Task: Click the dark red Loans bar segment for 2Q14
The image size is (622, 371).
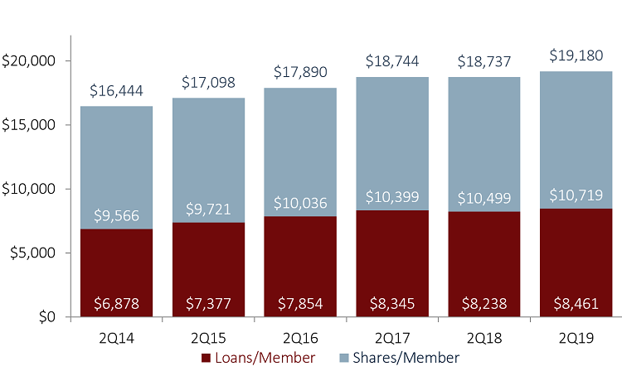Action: (x=117, y=265)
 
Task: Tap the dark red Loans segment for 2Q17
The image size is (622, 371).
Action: (x=391, y=257)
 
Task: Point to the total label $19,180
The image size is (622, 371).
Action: (x=575, y=57)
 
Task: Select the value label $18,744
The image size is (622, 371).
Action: (x=391, y=63)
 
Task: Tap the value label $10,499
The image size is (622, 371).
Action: (x=483, y=200)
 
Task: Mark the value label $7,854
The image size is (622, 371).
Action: (x=300, y=303)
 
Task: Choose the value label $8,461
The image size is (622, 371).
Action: (x=575, y=303)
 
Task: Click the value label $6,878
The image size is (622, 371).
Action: (x=117, y=303)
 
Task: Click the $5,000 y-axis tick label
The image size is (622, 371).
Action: (x=32, y=253)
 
